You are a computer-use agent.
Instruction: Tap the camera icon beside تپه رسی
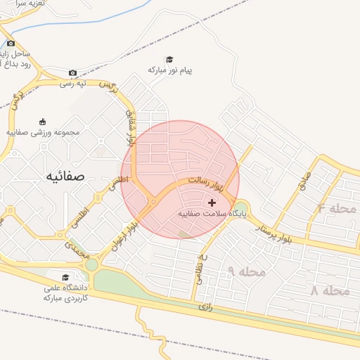pyautogui.click(x=73, y=73)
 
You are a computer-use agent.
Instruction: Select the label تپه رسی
pyautogui.click(x=91, y=84)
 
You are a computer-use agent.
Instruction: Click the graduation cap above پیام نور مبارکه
pyautogui.click(x=169, y=59)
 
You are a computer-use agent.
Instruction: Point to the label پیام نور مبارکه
pyautogui.click(x=170, y=70)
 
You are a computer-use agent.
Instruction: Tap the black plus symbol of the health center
pyautogui.click(x=212, y=202)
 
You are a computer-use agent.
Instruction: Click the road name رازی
pyautogui.click(x=205, y=307)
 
